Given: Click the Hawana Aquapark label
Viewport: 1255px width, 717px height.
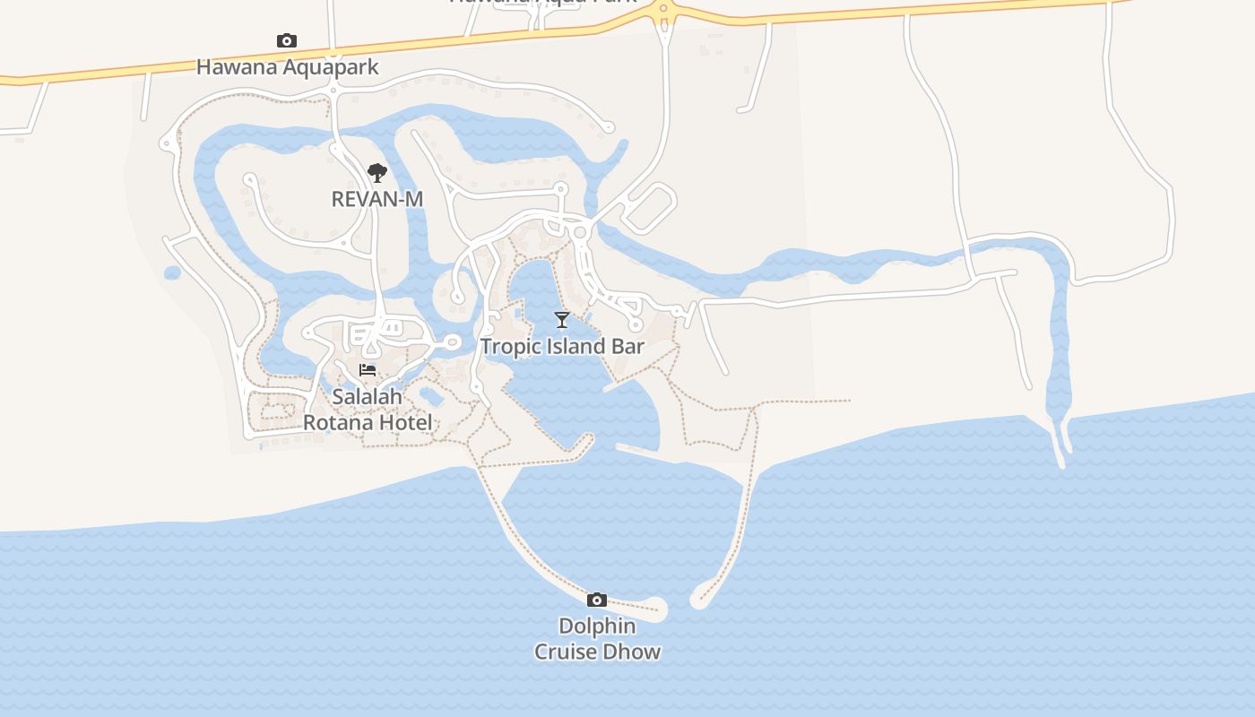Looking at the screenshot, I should point(287,67).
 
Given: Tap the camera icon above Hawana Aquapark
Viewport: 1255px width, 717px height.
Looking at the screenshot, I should point(287,40).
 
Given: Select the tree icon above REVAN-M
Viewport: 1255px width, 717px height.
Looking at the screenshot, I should point(377,172).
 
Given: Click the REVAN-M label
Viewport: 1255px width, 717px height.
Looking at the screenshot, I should point(376,199).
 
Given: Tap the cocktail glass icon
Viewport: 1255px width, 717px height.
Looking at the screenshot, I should point(562,320).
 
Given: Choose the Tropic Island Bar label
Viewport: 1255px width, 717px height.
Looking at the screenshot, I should point(562,347).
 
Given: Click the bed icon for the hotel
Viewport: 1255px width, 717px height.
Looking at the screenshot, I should point(368,370).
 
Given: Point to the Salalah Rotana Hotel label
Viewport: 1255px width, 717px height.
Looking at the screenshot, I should point(368,410).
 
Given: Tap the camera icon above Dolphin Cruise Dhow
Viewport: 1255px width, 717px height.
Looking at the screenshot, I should point(597,600).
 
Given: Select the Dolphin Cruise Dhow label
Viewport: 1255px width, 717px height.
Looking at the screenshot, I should point(597,639).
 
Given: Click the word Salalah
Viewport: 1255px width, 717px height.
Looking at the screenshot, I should point(368,396).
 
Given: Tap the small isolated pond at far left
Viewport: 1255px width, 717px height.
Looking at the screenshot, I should point(172,272).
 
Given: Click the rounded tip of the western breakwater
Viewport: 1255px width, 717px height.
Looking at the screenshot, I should point(655,609).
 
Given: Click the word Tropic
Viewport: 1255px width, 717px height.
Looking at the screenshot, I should point(508,347).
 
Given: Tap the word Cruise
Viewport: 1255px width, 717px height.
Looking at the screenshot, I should point(565,652).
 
